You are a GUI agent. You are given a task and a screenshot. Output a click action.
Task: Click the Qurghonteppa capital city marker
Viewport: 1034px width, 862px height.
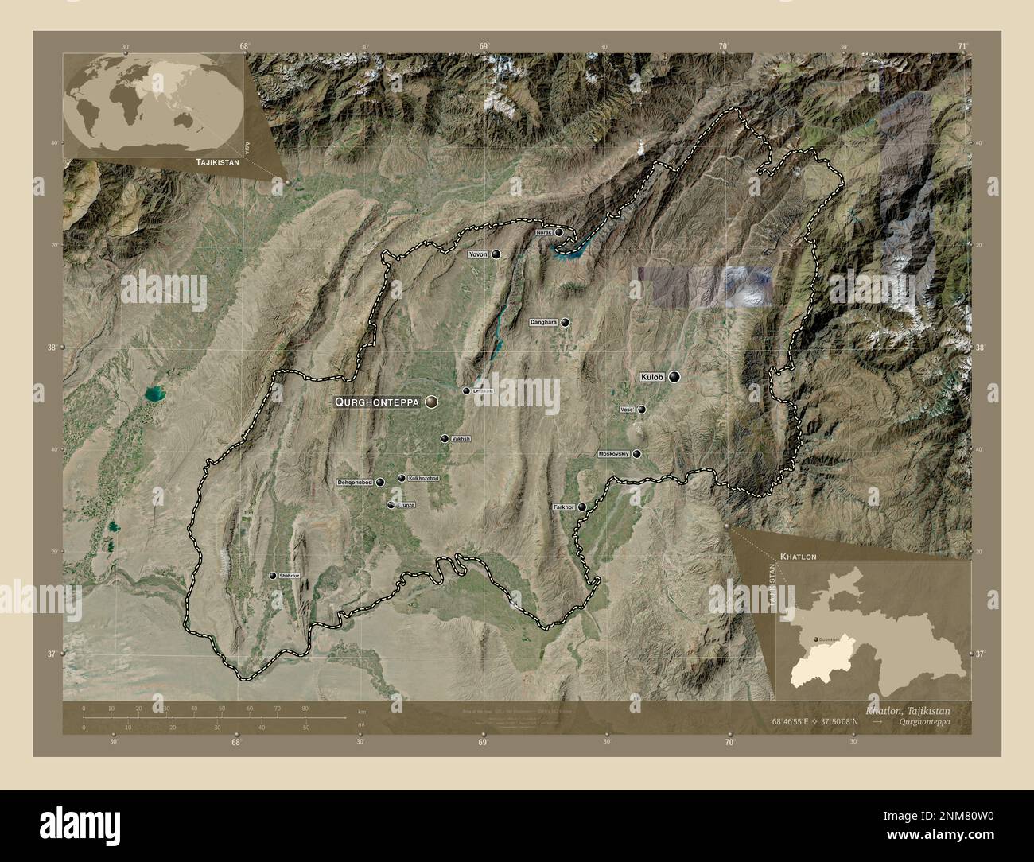pos(432,402)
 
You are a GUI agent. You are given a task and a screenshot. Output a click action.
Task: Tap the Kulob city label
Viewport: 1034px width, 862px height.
pos(652,377)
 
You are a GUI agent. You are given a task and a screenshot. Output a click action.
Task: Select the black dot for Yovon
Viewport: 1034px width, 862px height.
pos(496,254)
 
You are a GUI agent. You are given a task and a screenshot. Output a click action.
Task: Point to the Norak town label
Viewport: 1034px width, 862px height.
pos(544,233)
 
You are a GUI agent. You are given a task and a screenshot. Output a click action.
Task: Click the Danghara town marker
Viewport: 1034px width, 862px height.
pos(565,322)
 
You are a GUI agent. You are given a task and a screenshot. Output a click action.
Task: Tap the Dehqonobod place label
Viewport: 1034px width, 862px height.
pos(355,482)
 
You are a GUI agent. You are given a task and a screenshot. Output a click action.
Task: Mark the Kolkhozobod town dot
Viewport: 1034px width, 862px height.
pos(402,479)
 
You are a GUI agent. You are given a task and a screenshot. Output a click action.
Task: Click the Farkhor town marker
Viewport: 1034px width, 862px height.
pos(581,507)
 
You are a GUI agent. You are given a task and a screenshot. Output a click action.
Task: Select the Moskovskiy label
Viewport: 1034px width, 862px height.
pos(614,454)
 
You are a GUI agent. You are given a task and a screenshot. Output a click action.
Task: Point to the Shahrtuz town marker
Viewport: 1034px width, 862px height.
pos(272,575)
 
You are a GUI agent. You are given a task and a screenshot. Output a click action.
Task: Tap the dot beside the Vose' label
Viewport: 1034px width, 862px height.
pos(642,410)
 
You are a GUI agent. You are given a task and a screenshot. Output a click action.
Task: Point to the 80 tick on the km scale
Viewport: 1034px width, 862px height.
pos(305,708)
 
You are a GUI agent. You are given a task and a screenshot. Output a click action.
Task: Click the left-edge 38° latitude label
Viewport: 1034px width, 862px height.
pos(52,348)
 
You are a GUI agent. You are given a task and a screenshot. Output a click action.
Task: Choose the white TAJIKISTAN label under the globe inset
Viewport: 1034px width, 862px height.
pos(214,161)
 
